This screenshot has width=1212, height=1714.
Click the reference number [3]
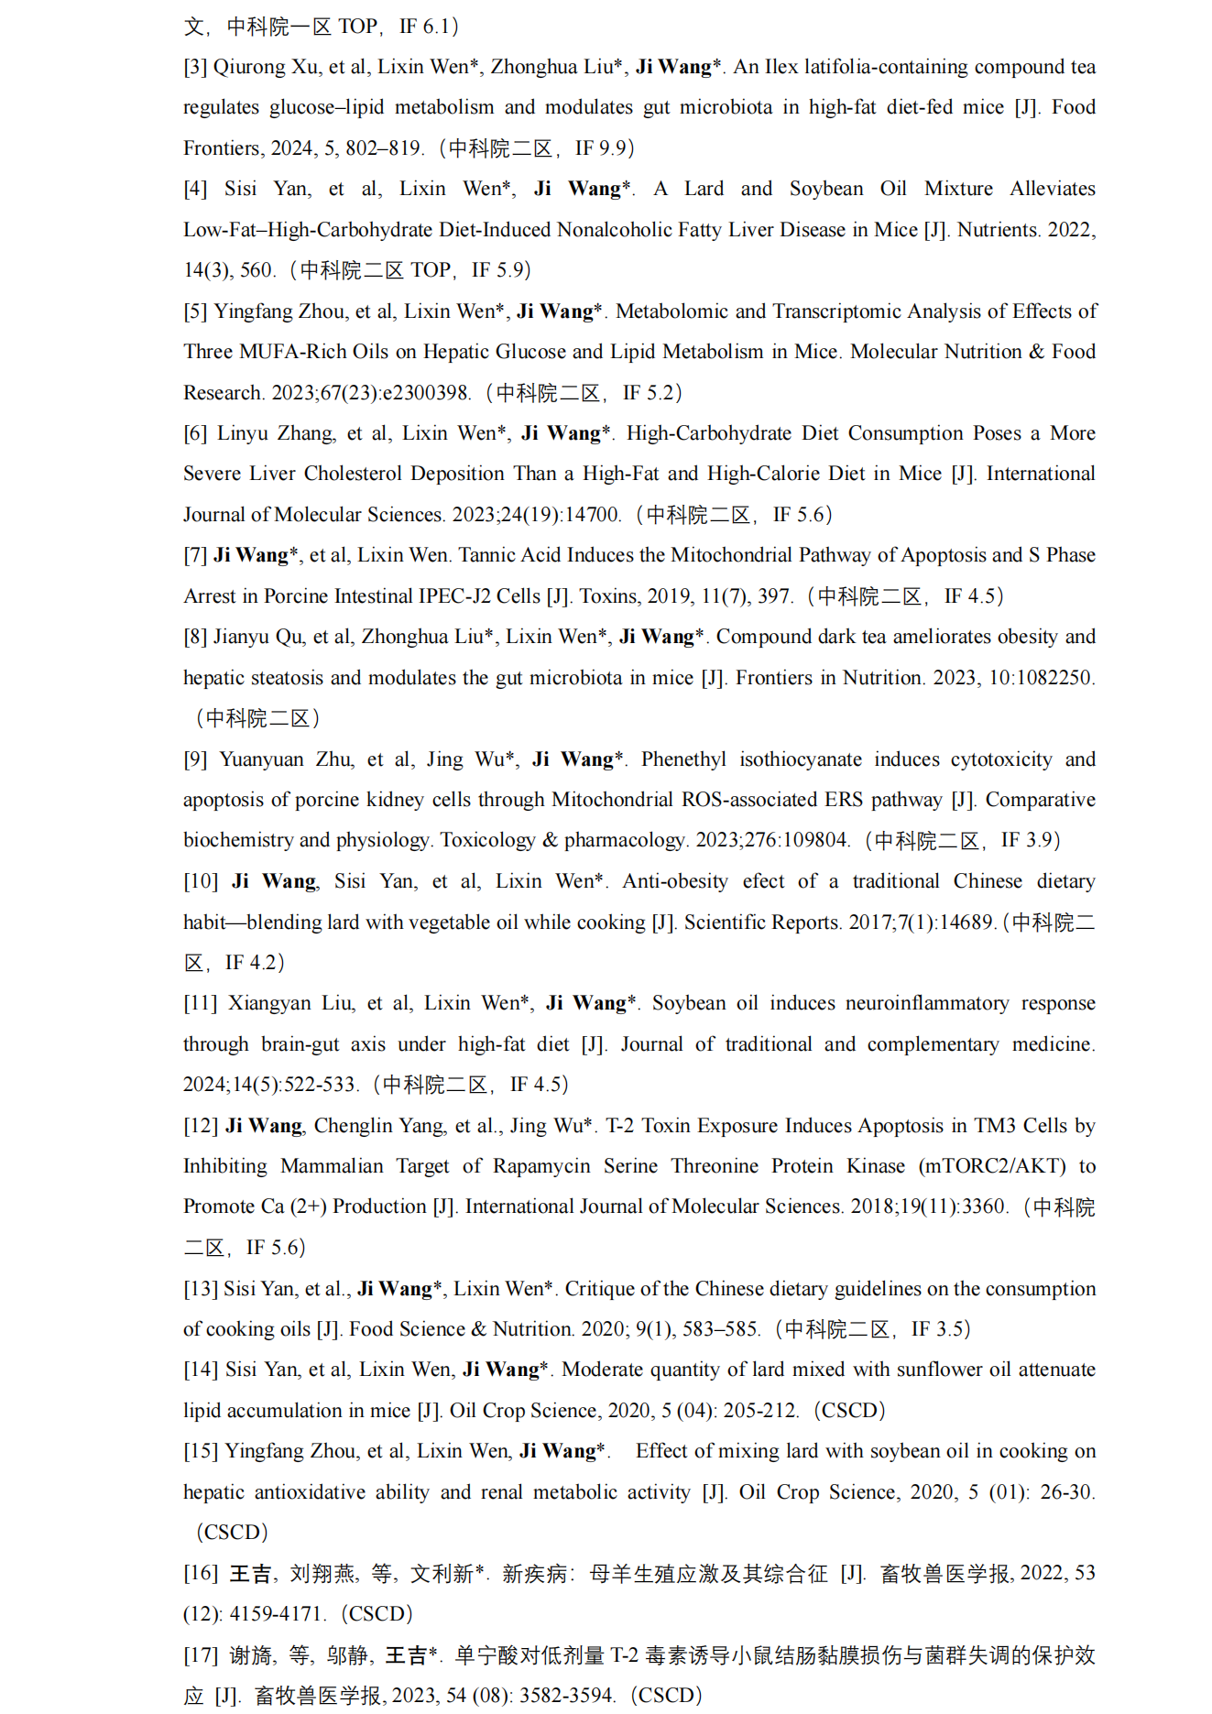click(195, 67)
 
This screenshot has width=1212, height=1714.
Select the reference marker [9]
click(195, 759)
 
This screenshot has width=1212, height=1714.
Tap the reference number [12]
click(201, 1126)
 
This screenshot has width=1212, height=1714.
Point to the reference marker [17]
click(201, 1655)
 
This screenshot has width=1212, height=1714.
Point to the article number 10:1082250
click(1041, 678)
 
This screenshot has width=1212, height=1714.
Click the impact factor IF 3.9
click(1030, 840)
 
